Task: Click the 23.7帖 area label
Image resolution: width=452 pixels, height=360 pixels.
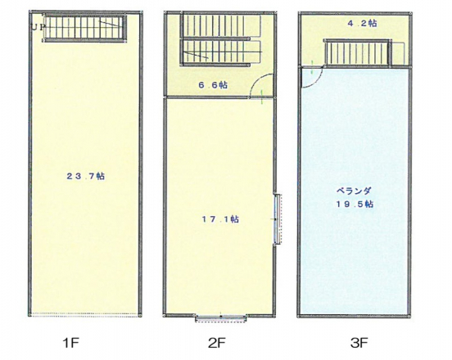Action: pyautogui.click(x=86, y=176)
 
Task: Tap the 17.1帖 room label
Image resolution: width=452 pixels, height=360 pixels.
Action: pyautogui.click(x=220, y=219)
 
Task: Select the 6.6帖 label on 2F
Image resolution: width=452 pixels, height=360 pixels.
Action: pyautogui.click(x=213, y=85)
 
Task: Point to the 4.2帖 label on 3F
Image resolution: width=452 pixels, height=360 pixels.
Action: pyautogui.click(x=362, y=23)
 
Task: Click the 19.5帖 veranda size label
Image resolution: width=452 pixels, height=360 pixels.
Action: pyautogui.click(x=355, y=205)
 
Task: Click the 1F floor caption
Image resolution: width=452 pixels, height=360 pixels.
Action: pyautogui.click(x=70, y=343)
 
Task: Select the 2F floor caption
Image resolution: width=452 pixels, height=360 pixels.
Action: pyautogui.click(x=217, y=343)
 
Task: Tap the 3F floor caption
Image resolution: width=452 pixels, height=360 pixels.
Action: pyautogui.click(x=359, y=343)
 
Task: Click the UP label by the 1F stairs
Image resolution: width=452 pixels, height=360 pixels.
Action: pyautogui.click(x=38, y=27)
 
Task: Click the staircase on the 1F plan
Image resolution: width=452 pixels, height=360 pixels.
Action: pyautogui.click(x=84, y=28)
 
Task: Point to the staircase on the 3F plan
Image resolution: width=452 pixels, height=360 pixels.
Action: pyautogui.click(x=358, y=53)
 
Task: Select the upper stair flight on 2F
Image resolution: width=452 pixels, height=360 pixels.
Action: pyautogui.click(x=221, y=26)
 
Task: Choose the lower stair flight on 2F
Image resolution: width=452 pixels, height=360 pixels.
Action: pyautogui.click(x=221, y=52)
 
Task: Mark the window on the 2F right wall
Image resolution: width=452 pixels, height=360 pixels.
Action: pyautogui.click(x=277, y=219)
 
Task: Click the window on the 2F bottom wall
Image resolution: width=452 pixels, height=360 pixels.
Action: pyautogui.click(x=221, y=318)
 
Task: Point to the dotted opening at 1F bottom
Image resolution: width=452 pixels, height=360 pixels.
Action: pyautogui.click(x=85, y=315)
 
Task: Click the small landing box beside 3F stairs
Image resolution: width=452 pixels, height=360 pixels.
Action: pyautogui.click(x=399, y=53)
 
